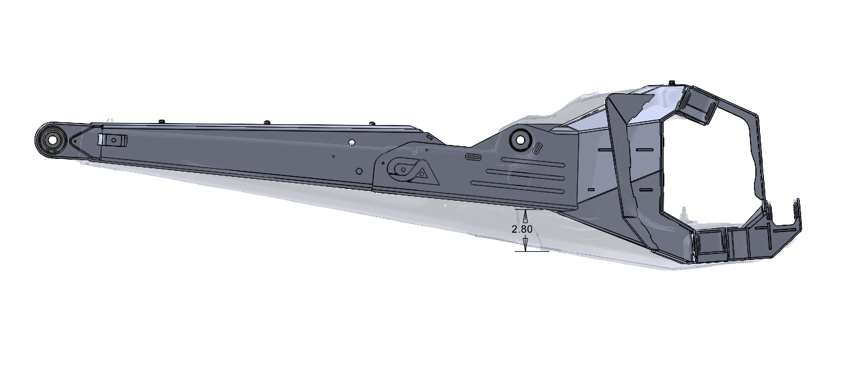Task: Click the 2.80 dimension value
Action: [522, 229]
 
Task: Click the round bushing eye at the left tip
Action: [50, 140]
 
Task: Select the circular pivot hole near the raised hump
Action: [519, 139]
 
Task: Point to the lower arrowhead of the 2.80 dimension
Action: [525, 245]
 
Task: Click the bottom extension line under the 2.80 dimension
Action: [532, 252]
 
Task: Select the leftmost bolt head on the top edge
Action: [161, 121]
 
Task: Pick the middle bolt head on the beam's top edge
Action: [266, 122]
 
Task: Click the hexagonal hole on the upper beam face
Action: [349, 142]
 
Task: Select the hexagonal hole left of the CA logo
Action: [359, 170]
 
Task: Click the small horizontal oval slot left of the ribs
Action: [473, 157]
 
